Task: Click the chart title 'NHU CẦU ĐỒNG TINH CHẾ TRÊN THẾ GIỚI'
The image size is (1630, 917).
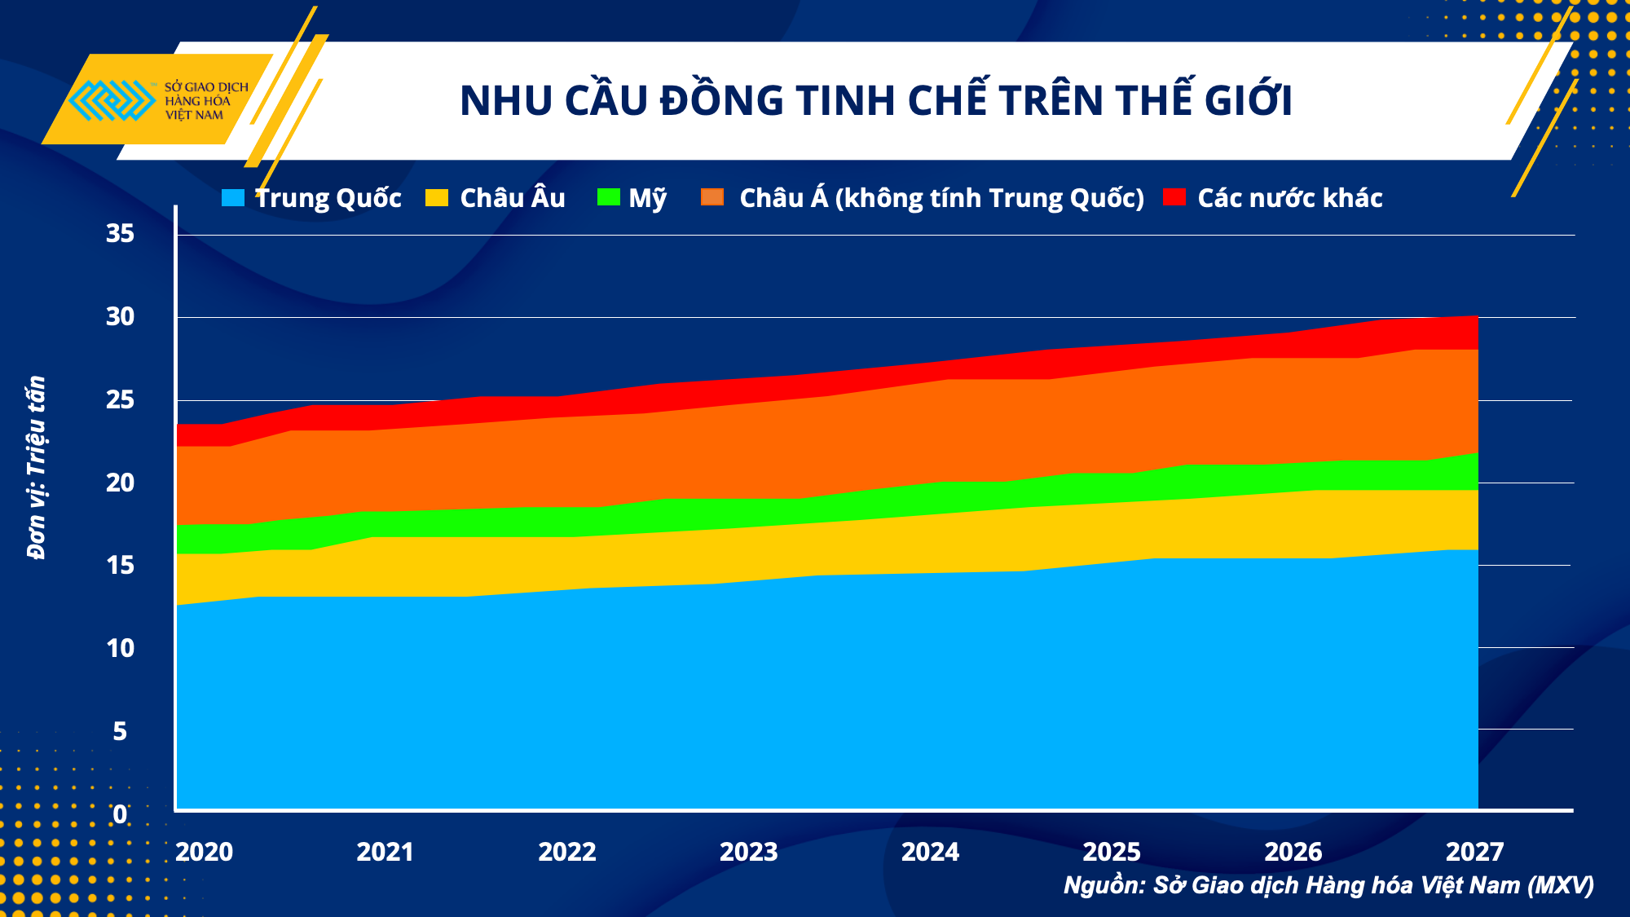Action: (875, 100)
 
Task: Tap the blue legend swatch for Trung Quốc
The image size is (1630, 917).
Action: (233, 198)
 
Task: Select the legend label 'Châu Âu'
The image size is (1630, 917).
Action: (512, 198)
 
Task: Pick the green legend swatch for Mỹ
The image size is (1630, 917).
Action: (608, 197)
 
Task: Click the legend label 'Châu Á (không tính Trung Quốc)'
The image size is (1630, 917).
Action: (941, 198)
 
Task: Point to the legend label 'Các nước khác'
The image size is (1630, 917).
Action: (1289, 198)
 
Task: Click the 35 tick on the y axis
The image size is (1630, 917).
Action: (120, 234)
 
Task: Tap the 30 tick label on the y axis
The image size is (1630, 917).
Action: (120, 317)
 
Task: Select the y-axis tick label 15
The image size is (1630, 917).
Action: (120, 565)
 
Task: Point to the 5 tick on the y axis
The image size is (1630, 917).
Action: (120, 731)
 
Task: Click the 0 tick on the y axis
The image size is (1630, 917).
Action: (120, 813)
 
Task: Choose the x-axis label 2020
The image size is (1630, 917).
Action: (204, 852)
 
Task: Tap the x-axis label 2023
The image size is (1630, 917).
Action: (748, 852)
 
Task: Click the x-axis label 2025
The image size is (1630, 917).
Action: (1112, 852)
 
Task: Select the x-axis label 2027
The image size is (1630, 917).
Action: (1474, 852)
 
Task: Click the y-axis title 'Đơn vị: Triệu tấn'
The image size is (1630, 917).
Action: (36, 468)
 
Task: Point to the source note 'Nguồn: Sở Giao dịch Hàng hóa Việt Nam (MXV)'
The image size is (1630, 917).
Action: (1328, 885)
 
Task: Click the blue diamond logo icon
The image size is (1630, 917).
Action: (111, 100)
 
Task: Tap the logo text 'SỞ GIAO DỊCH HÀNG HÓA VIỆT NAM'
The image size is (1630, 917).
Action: (205, 101)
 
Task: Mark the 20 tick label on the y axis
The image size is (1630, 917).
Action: (120, 483)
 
